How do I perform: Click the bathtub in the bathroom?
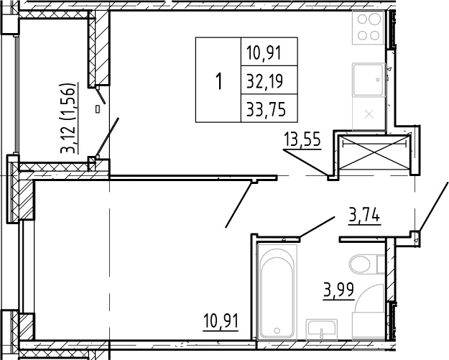tap(277, 292)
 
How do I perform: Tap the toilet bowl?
tap(364, 264)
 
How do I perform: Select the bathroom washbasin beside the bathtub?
tap(322, 330)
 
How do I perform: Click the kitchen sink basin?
tap(369, 80)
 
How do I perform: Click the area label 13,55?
tap(302, 140)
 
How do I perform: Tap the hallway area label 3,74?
tap(364, 216)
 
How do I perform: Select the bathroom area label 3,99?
tap(338, 291)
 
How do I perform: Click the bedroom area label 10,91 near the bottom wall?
tap(221, 322)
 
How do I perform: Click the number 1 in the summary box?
tap(219, 81)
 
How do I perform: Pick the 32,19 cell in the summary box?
tap(269, 80)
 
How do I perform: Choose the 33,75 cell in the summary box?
tap(269, 109)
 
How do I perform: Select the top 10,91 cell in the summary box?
tap(269, 52)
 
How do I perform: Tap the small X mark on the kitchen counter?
tap(369, 115)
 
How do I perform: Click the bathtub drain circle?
tap(277, 331)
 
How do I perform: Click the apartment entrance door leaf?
tap(433, 206)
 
